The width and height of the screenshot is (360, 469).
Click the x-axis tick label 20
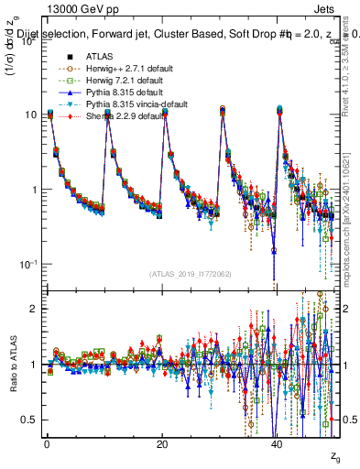click(162, 443)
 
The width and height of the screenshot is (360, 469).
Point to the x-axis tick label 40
click(277, 443)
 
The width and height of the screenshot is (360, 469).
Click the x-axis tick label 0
click(47, 443)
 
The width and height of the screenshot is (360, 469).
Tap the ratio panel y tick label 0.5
click(29, 420)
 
